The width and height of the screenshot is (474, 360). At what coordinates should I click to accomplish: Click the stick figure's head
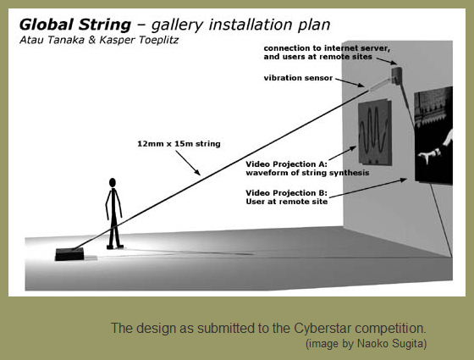coord(113,182)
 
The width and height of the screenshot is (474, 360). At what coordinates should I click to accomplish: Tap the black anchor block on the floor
coord(69,254)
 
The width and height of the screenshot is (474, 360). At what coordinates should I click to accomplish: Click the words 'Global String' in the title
coord(75,25)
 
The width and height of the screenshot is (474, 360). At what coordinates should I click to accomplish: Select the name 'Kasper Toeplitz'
coord(139,40)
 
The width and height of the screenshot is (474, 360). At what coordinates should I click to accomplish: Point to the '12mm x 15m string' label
coord(179,144)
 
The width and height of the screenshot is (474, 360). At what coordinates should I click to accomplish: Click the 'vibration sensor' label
coord(298,78)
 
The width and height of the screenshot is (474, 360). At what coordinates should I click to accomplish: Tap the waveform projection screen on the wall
coord(375,132)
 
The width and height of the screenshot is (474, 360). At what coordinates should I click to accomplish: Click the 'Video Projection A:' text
coord(286,164)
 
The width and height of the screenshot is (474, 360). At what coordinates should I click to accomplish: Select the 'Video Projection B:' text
coord(286,193)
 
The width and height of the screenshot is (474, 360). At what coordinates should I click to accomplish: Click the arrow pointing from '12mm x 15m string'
coord(188,163)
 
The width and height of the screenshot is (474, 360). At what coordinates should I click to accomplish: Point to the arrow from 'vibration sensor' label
coord(350,83)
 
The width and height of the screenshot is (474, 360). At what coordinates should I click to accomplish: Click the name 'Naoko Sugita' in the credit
coord(391,344)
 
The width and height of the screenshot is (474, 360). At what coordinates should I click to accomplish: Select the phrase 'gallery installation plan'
coord(240,25)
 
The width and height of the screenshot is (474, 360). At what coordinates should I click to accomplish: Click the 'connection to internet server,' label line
coord(327,48)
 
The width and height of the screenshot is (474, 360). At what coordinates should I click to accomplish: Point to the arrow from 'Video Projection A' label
coord(343,153)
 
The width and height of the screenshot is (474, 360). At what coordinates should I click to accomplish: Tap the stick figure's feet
coord(115,246)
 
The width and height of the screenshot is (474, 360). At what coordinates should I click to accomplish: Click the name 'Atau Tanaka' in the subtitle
coord(52,40)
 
